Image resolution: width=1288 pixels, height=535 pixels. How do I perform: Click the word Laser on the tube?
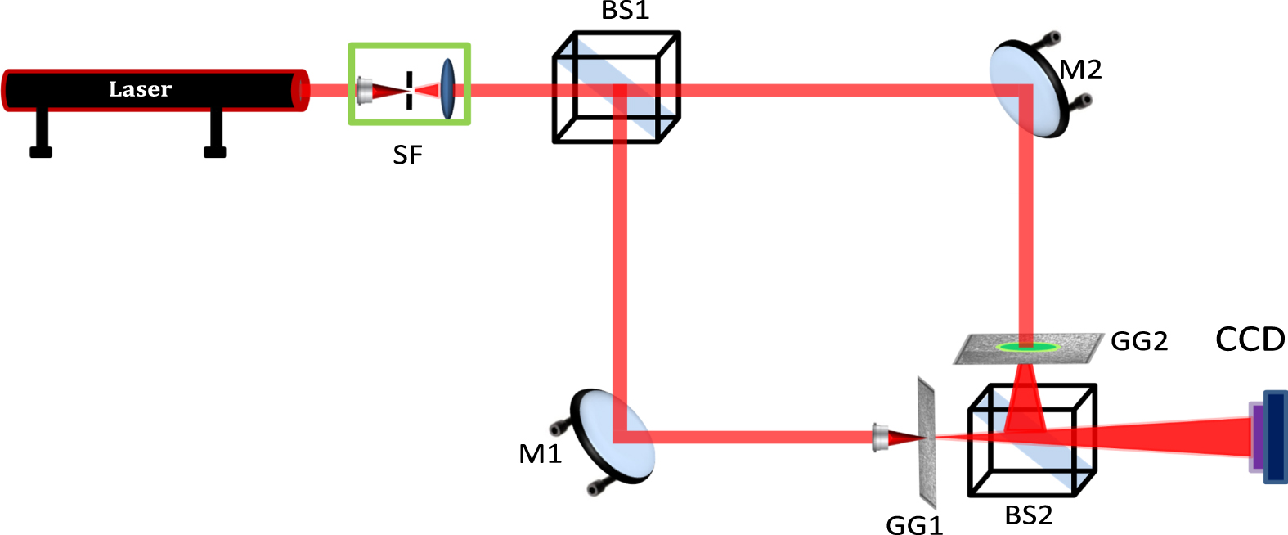(140, 89)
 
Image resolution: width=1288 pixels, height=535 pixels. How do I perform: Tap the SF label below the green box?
(407, 155)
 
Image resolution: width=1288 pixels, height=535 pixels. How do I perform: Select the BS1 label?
(625, 11)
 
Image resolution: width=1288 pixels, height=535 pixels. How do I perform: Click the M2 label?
(1080, 70)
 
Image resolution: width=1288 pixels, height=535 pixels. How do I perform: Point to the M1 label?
(540, 453)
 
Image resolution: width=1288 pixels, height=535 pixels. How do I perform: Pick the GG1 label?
(914, 524)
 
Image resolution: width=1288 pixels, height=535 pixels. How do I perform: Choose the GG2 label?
(1138, 341)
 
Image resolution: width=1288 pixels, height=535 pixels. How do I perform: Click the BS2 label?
(1028, 515)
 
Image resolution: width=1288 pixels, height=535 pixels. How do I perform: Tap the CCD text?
(1250, 339)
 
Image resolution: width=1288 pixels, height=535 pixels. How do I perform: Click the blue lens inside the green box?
(447, 88)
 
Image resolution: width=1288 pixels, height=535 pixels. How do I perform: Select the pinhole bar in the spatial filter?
(409, 90)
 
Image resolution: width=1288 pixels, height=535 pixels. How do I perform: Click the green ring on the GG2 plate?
(1027, 347)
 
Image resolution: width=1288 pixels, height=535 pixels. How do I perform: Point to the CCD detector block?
(1274, 437)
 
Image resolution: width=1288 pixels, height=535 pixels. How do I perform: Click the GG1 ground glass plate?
(926, 442)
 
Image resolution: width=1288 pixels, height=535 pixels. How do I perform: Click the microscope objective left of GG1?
(881, 438)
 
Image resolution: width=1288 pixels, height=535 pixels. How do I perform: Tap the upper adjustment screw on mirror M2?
(1052, 38)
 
